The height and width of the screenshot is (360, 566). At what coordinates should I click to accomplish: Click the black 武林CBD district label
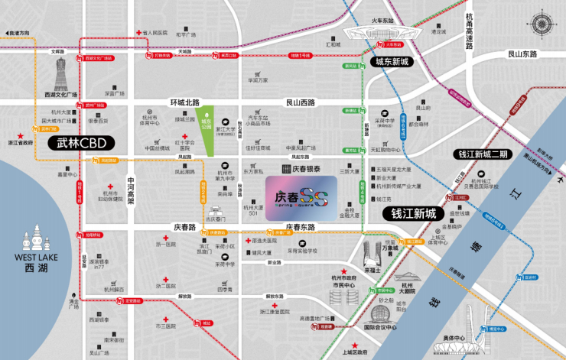[80, 143]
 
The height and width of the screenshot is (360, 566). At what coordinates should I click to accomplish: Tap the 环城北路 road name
[184, 102]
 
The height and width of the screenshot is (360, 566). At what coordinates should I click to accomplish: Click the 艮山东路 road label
[522, 54]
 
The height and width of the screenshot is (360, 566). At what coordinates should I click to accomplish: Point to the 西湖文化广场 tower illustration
[60, 76]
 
